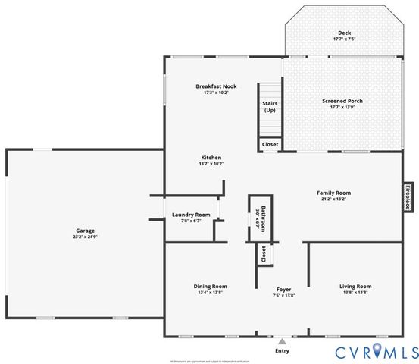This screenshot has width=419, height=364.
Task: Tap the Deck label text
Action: [344, 33]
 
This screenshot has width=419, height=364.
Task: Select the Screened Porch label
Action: [343, 100]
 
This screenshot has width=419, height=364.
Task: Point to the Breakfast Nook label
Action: [216, 86]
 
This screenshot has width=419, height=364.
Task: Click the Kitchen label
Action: [211, 157]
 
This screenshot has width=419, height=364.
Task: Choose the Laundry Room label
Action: [191, 215]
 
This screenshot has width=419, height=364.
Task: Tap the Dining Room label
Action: [210, 286]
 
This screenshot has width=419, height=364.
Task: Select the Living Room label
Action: [355, 286]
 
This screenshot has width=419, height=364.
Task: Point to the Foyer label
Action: [283, 289]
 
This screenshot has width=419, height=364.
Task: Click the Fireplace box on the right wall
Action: [407, 196]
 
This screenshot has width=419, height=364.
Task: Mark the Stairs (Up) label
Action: [269, 106]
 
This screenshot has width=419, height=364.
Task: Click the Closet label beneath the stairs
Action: [270, 144]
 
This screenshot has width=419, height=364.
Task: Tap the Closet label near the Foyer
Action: [263, 254]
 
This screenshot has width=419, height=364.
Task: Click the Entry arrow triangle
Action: [283, 341]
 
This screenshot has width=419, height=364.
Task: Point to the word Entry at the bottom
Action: [283, 350]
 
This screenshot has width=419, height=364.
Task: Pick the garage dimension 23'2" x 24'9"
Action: [84, 237]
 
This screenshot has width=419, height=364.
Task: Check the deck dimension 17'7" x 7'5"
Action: [344, 39]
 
